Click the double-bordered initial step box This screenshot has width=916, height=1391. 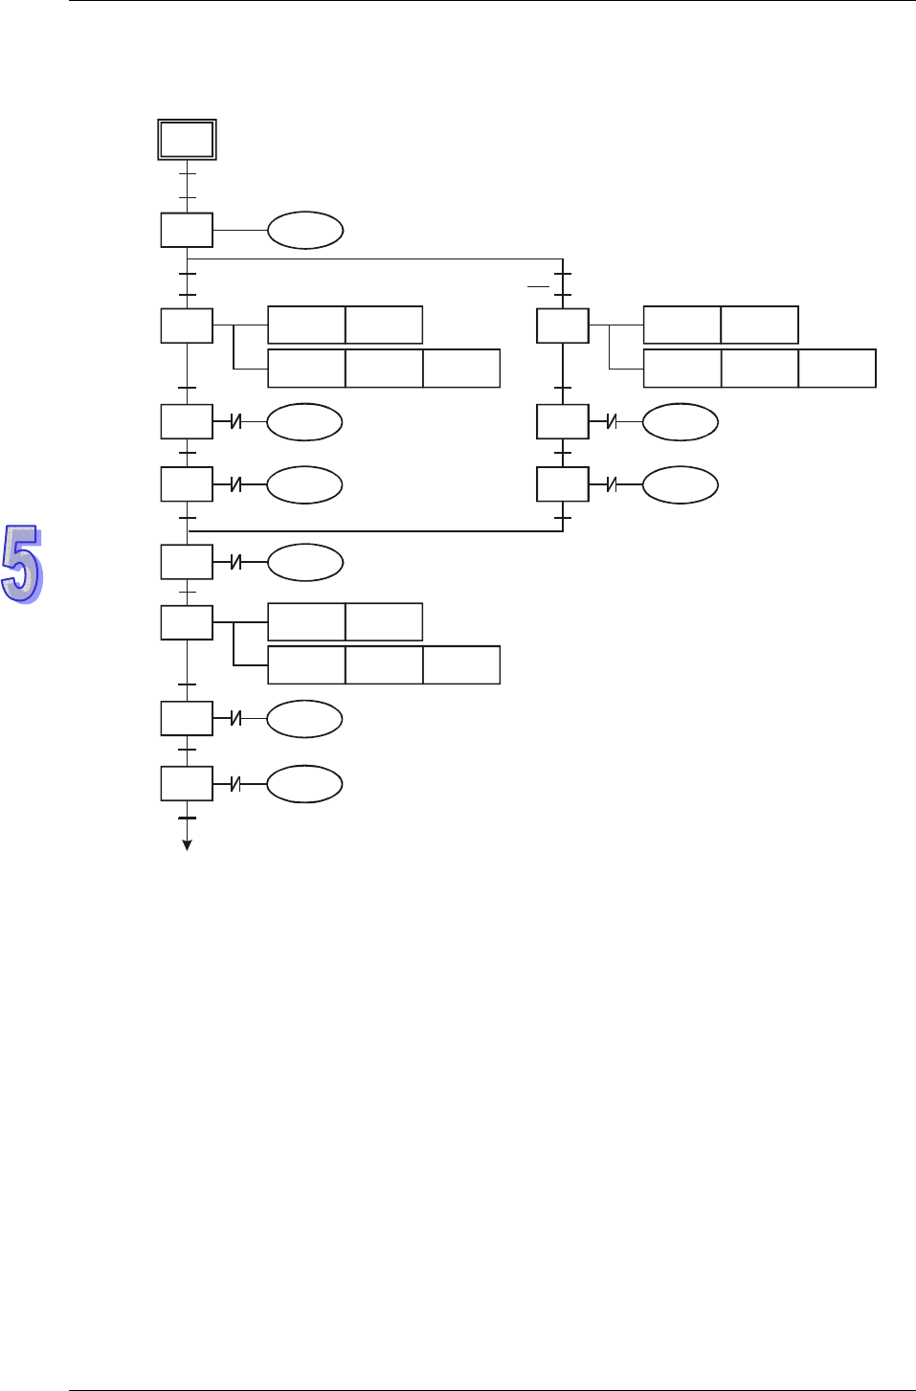[x=187, y=140]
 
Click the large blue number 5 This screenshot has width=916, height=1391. [x=22, y=563]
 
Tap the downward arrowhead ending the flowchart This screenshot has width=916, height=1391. [x=188, y=845]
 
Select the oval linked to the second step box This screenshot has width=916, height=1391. [x=305, y=231]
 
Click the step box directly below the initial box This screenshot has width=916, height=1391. [x=187, y=231]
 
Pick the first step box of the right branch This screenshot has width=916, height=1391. [x=563, y=326]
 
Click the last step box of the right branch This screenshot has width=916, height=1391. [x=563, y=485]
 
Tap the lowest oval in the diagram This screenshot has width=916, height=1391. [x=304, y=784]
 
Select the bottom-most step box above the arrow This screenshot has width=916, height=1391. [x=187, y=784]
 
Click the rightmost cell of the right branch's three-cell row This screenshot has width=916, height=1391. [x=838, y=369]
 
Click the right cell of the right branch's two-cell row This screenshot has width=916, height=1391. [x=760, y=325]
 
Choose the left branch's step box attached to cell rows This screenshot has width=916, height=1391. [x=187, y=326]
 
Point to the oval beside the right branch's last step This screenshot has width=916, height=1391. [x=681, y=485]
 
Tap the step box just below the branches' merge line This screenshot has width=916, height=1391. [x=187, y=563]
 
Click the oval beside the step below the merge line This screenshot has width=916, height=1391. [x=305, y=563]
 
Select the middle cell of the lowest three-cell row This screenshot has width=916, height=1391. [x=384, y=665]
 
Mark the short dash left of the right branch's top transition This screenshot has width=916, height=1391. [x=538, y=286]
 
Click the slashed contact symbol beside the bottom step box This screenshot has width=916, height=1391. [x=235, y=784]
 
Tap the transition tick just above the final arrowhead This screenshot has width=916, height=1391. [x=188, y=819]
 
